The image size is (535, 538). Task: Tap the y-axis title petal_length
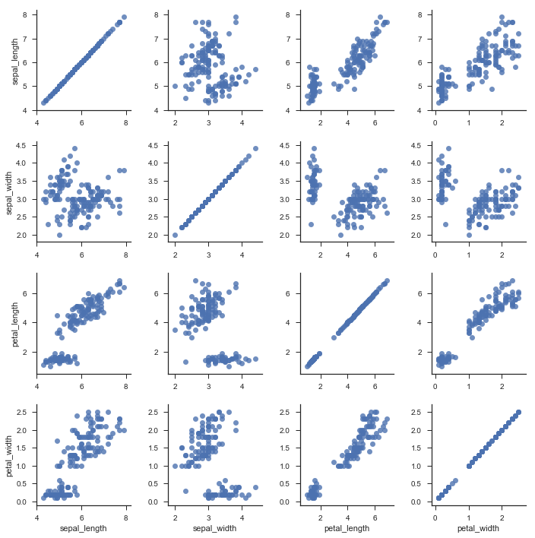click(x=15, y=323)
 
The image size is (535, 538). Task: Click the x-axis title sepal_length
click(x=81, y=528)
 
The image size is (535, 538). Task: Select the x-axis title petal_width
click(x=480, y=528)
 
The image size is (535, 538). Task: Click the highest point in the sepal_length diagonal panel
click(x=124, y=17)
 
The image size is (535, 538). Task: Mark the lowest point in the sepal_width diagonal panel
click(x=175, y=235)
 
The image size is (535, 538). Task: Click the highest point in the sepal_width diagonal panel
click(x=255, y=148)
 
